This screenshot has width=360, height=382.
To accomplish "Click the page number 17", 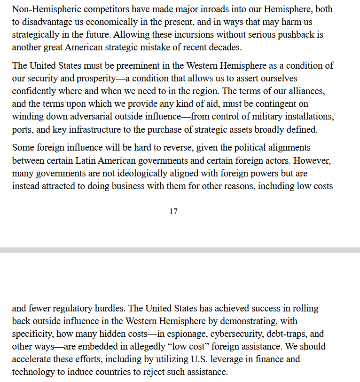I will (173, 211).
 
